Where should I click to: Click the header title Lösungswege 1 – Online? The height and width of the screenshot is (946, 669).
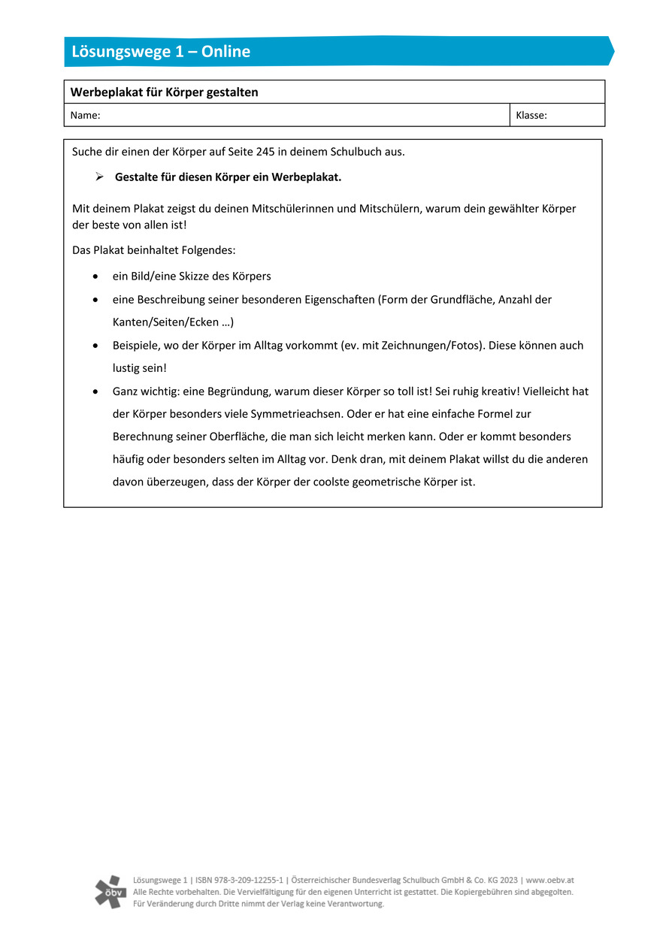[x=161, y=52]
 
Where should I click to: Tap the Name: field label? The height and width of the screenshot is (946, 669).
[x=85, y=116]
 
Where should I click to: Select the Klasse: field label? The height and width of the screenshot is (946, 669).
[x=531, y=116]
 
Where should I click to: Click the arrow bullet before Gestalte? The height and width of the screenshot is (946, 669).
[x=98, y=177]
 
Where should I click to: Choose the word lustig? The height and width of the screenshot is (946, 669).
[x=127, y=368]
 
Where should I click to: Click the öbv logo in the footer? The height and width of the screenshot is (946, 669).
[x=110, y=892]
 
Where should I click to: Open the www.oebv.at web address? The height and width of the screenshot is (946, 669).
[x=550, y=880]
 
